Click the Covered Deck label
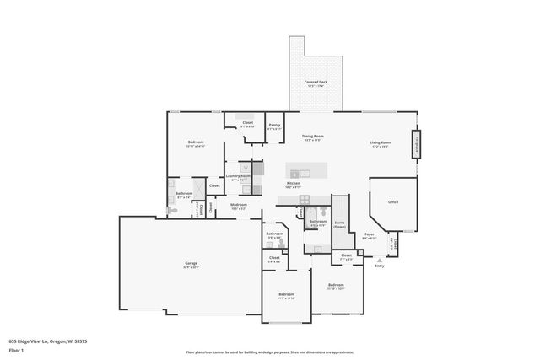(316, 82)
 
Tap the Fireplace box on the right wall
(415, 143)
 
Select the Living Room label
(380, 142)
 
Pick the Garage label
(192, 264)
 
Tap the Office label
(393, 202)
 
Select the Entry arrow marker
(379, 260)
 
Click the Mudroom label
(239, 205)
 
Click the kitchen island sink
(305, 174)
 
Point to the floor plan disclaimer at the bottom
(270, 352)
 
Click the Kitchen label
(294, 183)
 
